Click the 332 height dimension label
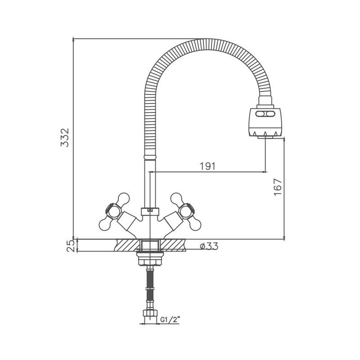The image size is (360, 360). pos(65,138)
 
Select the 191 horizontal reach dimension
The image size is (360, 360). pos(208,166)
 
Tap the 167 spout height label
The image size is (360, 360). pos(278,187)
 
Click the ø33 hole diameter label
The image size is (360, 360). pos(209,246)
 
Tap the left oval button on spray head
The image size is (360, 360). pos(261,114)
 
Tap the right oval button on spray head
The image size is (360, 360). pos(270,114)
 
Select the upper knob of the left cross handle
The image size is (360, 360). pos(123,198)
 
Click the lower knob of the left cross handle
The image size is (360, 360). pos(105,224)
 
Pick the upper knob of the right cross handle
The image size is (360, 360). pos(177,198)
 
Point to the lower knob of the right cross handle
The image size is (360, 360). pos(195,224)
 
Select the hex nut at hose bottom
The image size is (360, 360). pos(150,313)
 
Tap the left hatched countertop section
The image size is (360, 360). pos(128,245)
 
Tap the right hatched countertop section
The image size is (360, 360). pos(172,245)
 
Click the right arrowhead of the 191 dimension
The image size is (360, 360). pos(265,171)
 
